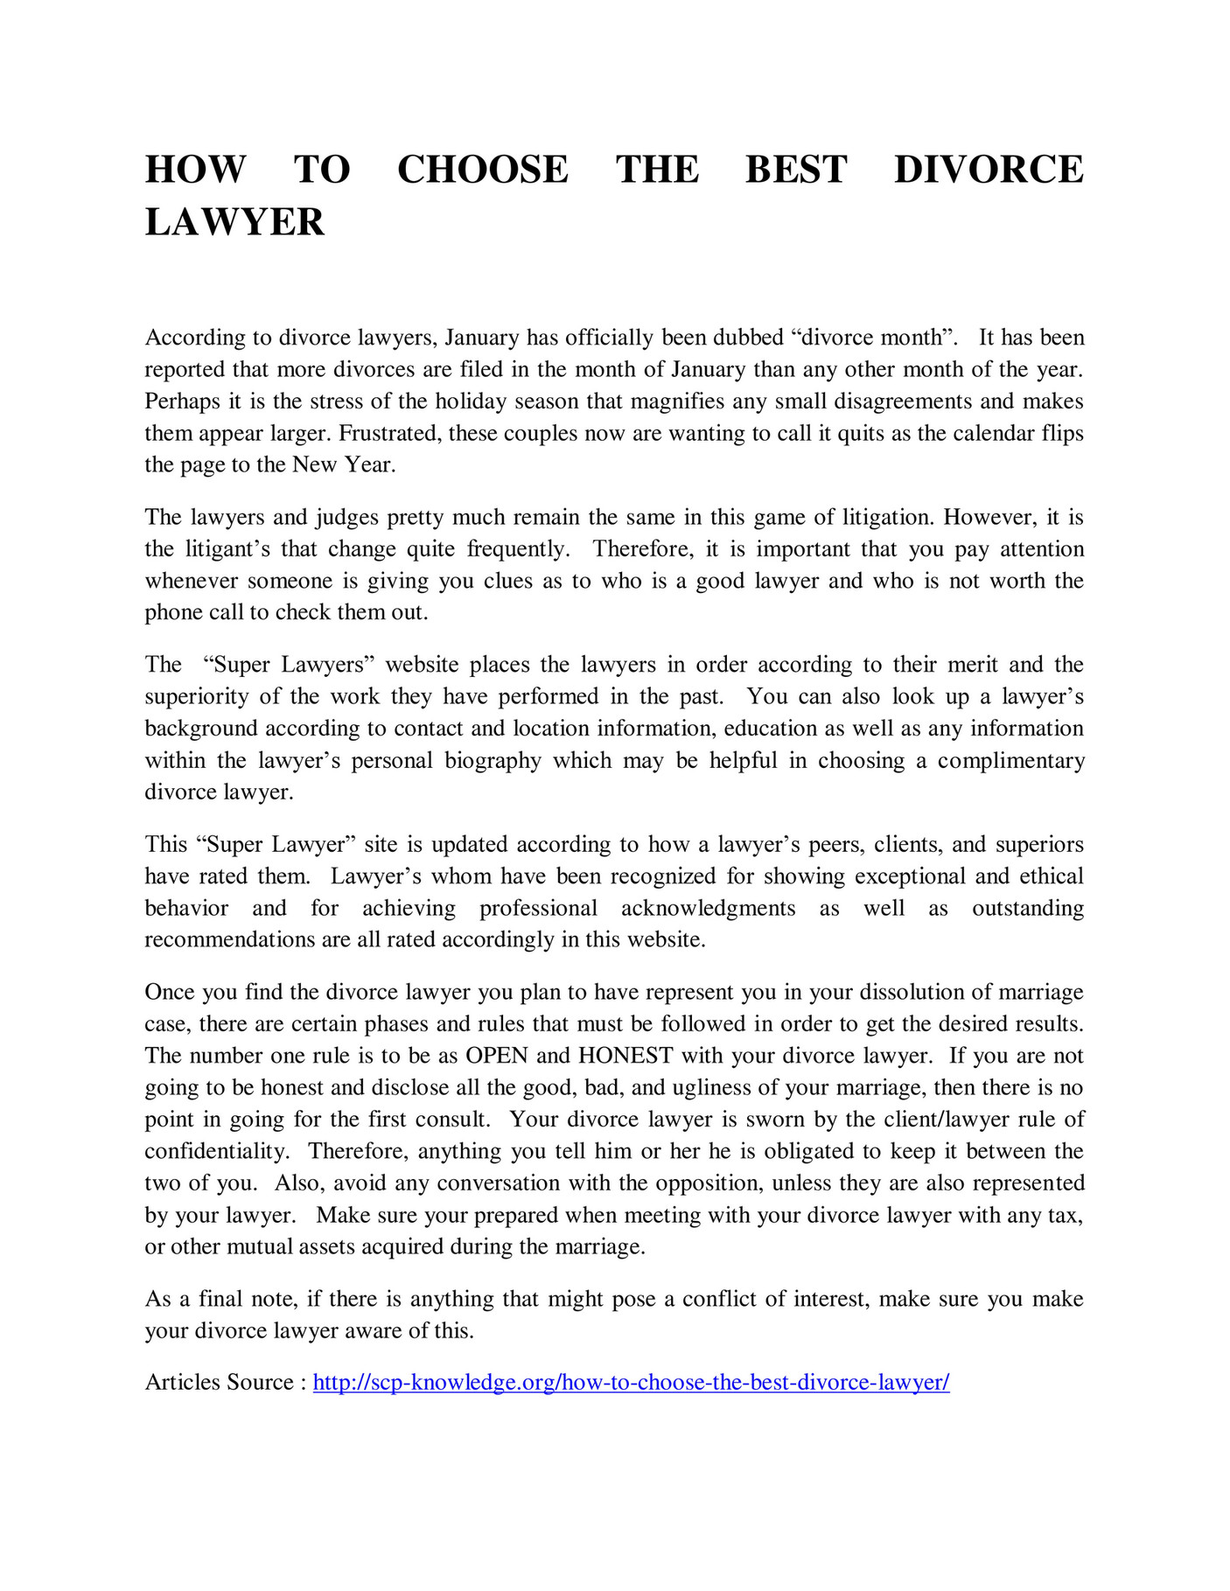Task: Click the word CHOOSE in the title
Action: (x=482, y=170)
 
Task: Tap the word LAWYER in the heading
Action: (x=234, y=222)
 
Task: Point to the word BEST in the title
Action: (x=796, y=170)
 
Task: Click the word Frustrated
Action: (x=390, y=433)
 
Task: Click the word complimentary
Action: (x=1010, y=760)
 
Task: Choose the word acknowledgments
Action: (x=708, y=908)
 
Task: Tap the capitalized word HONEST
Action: (x=625, y=1056)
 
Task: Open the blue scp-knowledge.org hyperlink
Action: (x=631, y=1382)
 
